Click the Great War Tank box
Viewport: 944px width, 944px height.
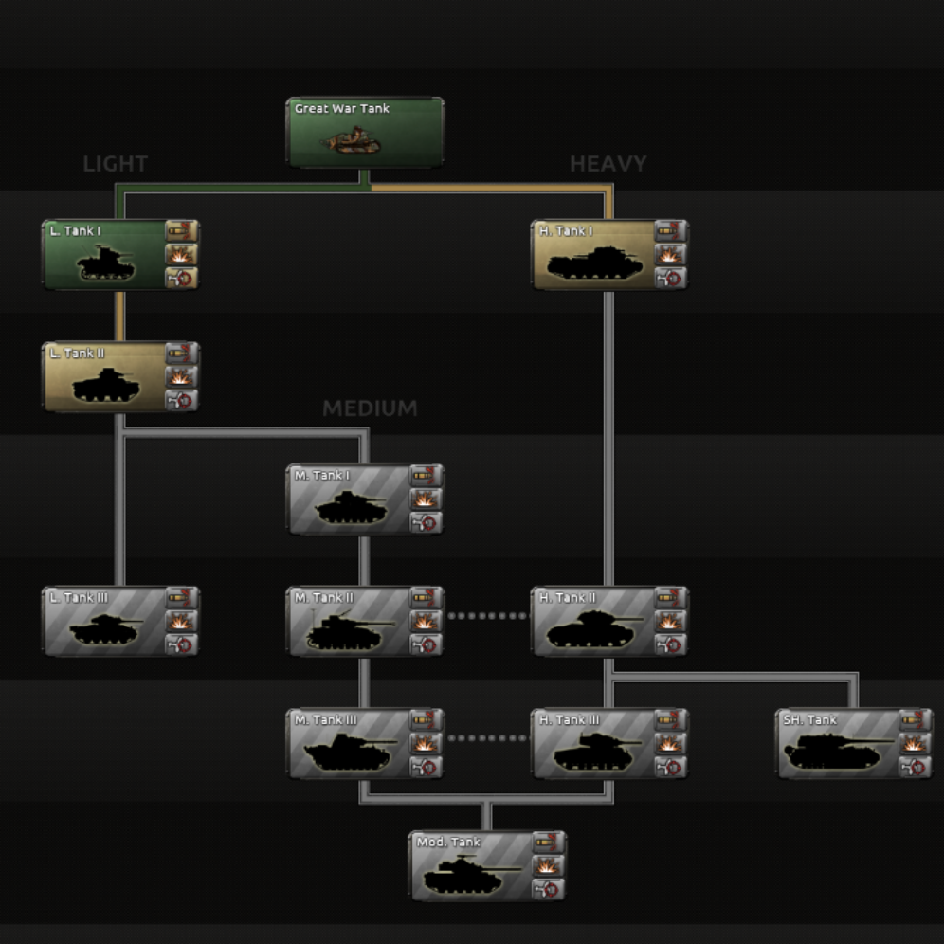pos(365,132)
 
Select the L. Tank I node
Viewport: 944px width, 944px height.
pos(104,255)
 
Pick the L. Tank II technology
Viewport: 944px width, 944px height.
pos(104,377)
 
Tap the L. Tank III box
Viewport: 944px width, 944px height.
pos(104,622)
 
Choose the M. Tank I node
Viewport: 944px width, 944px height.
pos(349,499)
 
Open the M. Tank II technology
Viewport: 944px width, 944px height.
pos(349,622)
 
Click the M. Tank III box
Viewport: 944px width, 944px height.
pos(349,744)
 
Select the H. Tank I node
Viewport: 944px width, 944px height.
pos(593,255)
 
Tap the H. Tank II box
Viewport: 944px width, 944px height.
pos(593,622)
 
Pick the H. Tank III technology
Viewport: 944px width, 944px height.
pos(593,744)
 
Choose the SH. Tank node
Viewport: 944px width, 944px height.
pos(838,744)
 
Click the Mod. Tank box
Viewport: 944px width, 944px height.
pos(471,866)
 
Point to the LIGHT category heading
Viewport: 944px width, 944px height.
pos(116,164)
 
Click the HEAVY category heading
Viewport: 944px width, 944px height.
pos(608,164)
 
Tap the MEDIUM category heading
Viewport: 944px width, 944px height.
pos(370,408)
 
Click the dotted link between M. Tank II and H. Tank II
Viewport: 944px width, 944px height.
pos(488,616)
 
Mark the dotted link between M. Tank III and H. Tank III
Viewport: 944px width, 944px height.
pos(488,738)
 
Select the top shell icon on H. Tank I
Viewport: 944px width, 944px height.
pos(671,231)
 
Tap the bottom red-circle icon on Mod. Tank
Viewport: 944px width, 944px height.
pos(548,890)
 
